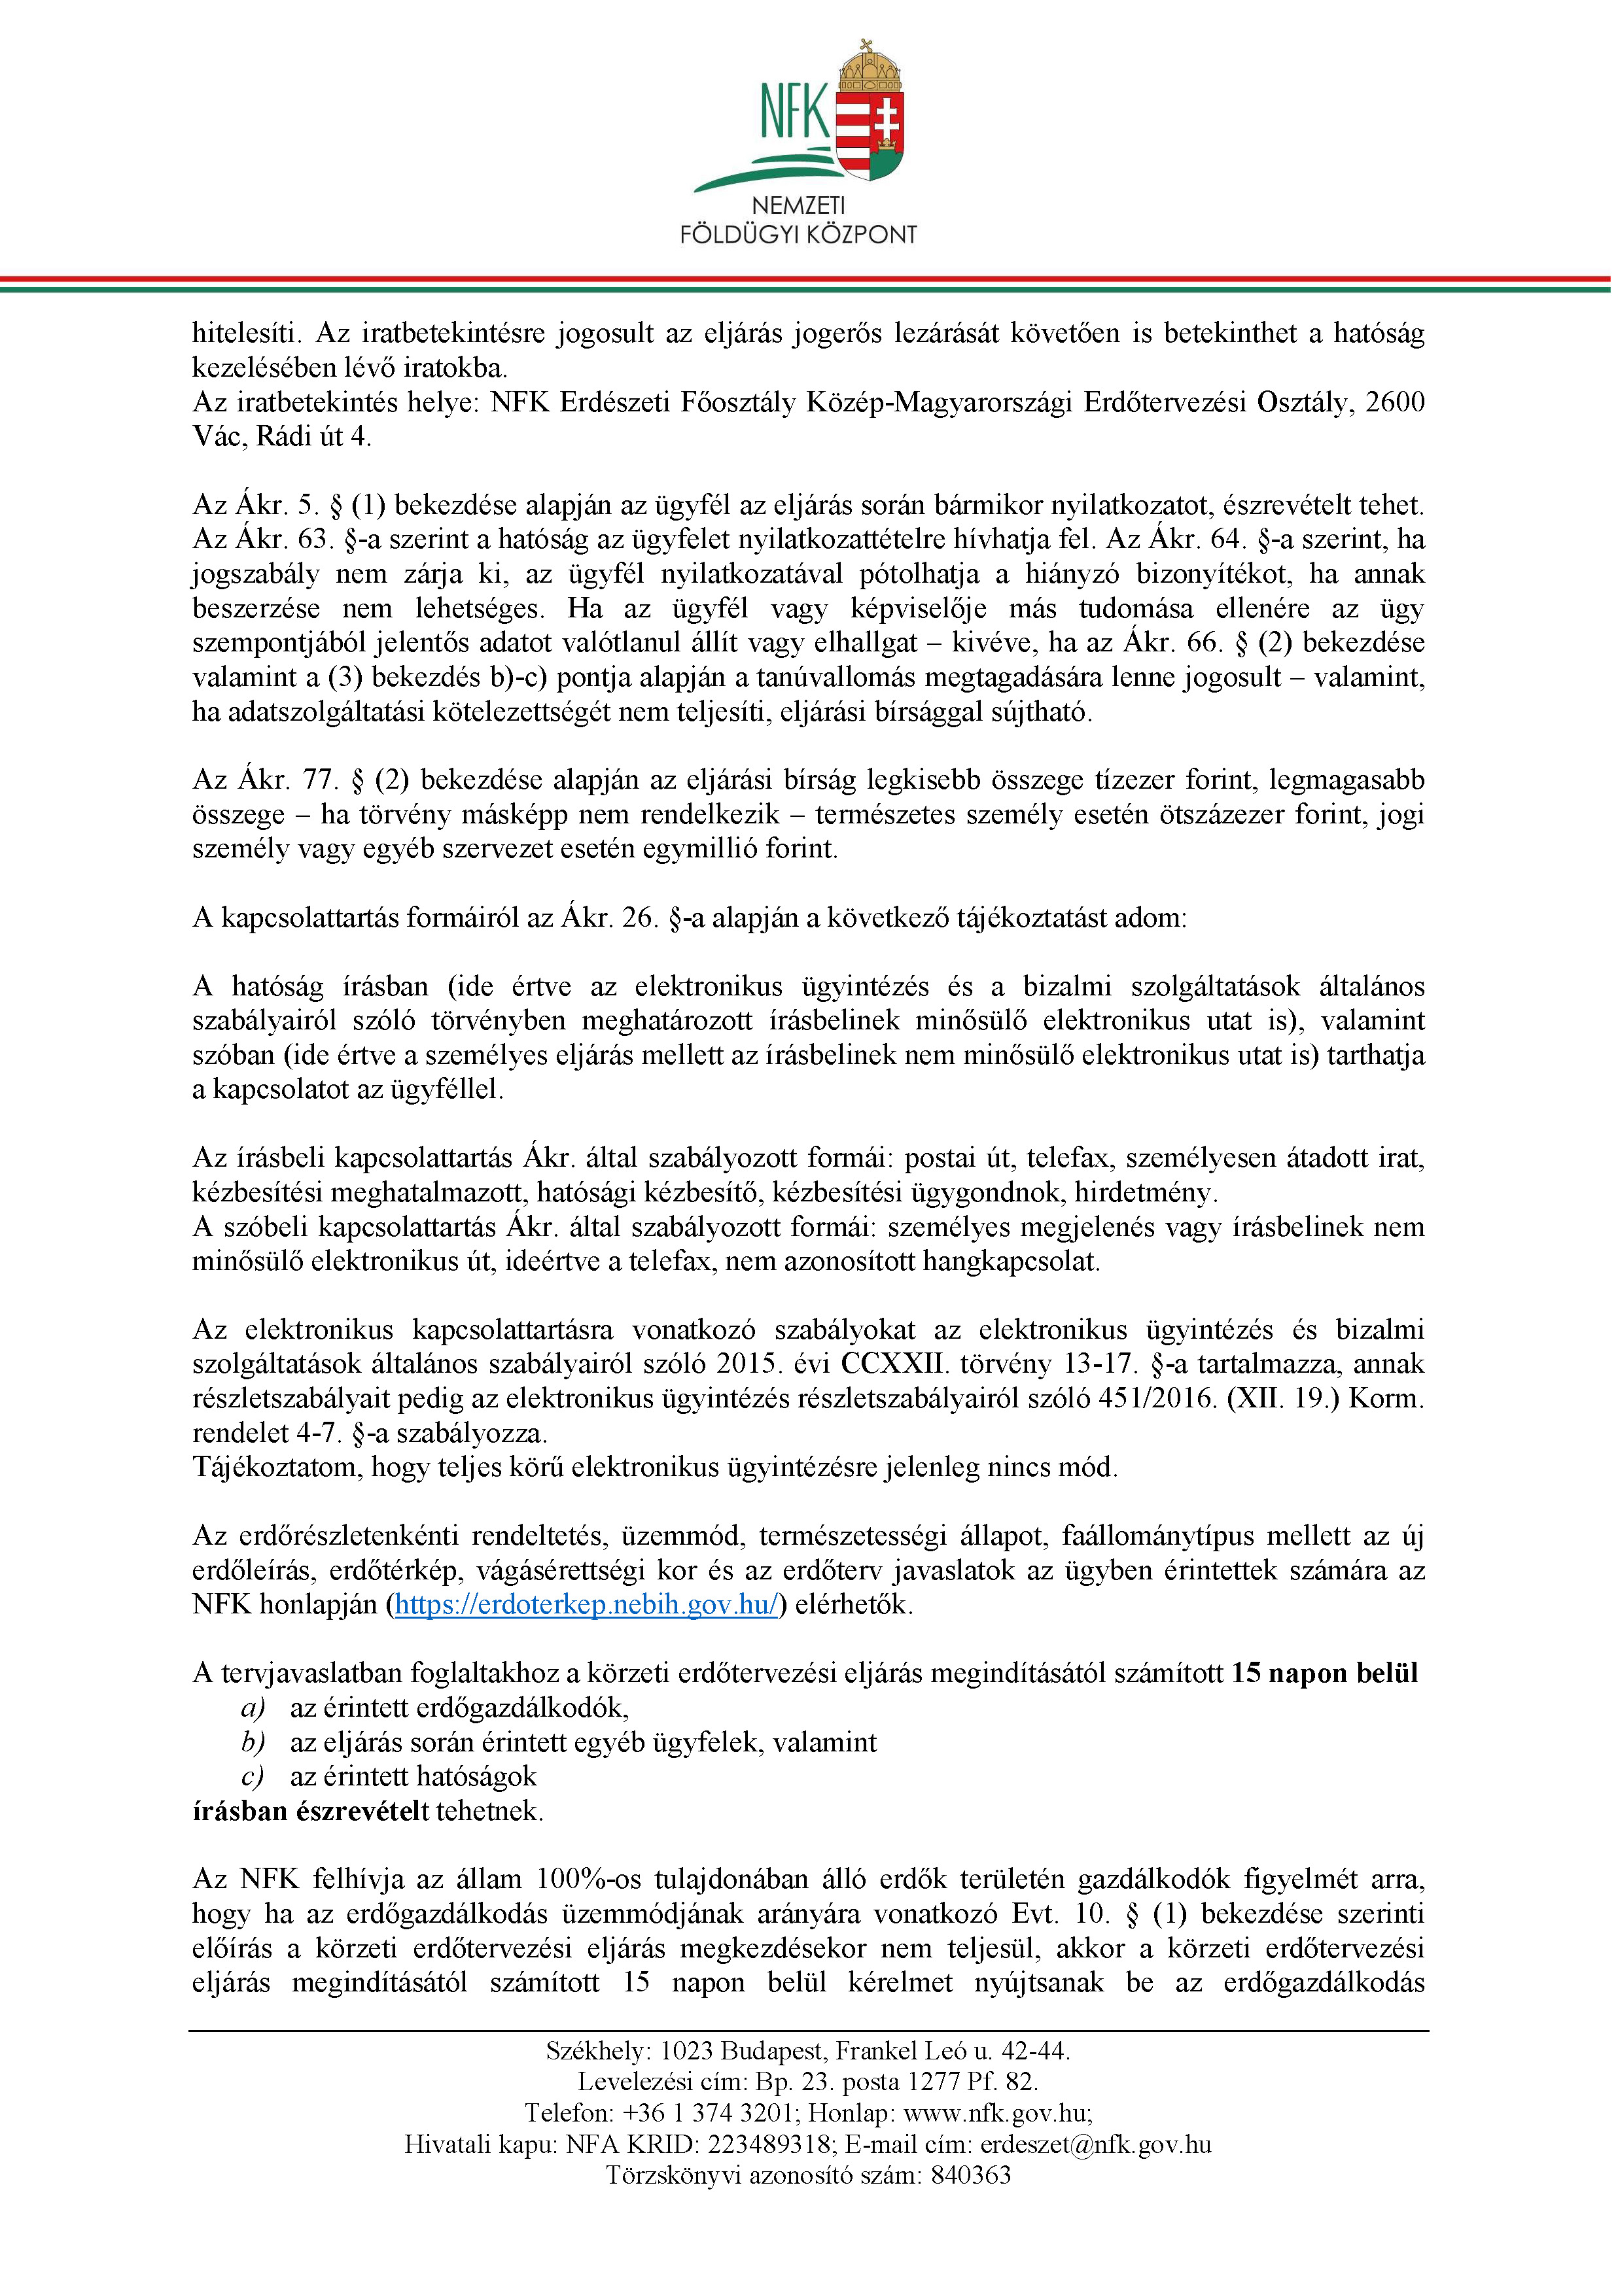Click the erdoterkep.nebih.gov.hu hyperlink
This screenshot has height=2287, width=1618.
coord(586,1605)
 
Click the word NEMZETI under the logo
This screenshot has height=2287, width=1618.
coord(798,206)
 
